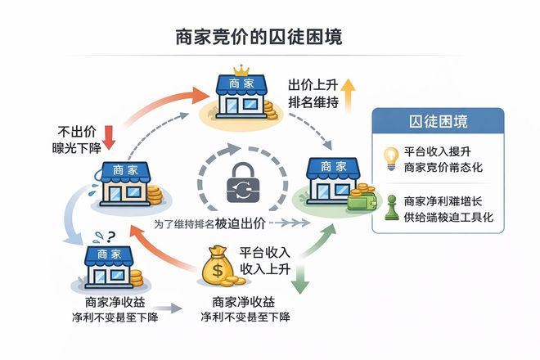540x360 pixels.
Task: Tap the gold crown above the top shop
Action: pyautogui.click(x=241, y=70)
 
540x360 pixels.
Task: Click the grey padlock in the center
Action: pyautogui.click(x=242, y=182)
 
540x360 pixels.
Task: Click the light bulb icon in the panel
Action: pyautogui.click(x=391, y=155)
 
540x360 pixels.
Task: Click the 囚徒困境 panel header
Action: pyautogui.click(x=438, y=124)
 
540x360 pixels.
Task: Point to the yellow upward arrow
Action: pyautogui.click(x=348, y=95)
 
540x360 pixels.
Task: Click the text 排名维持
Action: pyautogui.click(x=309, y=103)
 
